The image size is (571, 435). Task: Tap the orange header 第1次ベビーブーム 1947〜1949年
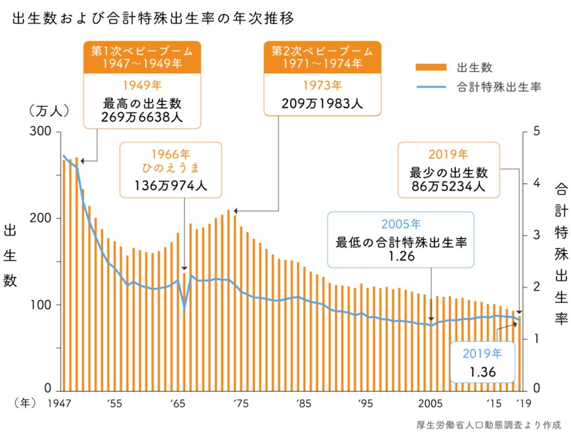click(142, 57)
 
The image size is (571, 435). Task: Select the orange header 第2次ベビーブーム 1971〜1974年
click(322, 57)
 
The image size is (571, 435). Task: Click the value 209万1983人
click(322, 104)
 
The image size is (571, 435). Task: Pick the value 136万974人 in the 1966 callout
click(171, 186)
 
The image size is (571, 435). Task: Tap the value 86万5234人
click(449, 186)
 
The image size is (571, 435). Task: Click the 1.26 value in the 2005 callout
click(401, 257)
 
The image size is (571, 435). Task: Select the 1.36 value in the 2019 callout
click(482, 373)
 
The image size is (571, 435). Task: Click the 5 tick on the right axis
click(536, 132)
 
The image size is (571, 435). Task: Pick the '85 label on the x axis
click(303, 403)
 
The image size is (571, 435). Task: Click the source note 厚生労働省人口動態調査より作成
click(488, 424)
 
